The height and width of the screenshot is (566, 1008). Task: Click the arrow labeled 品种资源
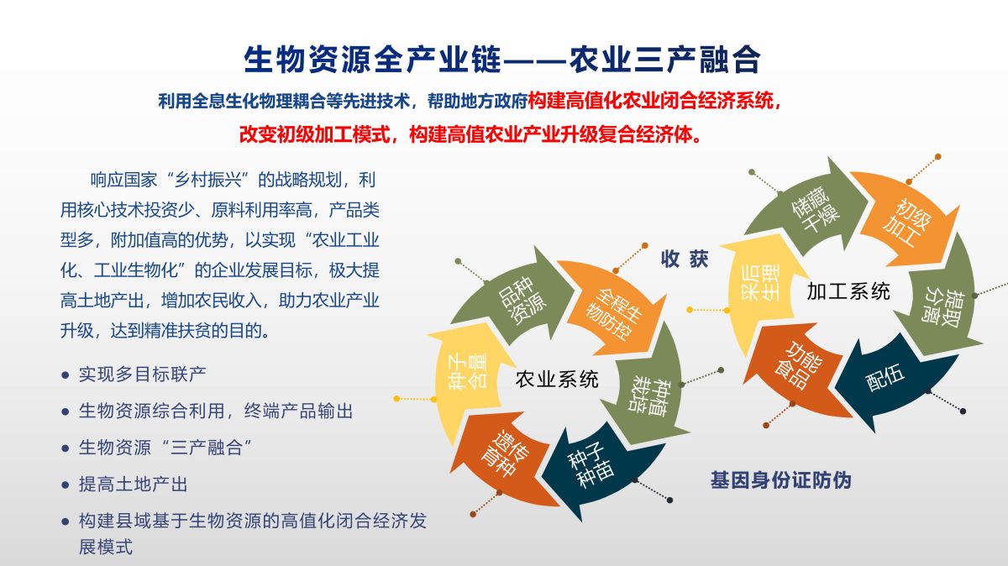tap(517, 299)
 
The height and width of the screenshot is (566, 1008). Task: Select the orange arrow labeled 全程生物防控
tap(614, 312)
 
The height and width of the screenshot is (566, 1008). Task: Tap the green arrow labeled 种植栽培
tap(648, 391)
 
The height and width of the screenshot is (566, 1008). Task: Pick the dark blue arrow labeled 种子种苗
tap(594, 468)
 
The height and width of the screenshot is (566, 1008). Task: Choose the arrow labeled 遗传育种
tap(504, 454)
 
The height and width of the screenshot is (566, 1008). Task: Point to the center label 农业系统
tap(557, 380)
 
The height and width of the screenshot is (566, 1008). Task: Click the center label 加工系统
tap(848, 291)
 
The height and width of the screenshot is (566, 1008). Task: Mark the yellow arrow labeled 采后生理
tap(759, 288)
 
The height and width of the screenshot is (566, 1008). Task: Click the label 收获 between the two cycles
tap(685, 259)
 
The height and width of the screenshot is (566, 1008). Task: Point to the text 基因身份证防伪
tap(780, 480)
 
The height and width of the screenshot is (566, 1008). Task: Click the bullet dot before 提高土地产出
tap(66, 485)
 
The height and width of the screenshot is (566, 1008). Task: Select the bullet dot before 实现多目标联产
tap(66, 375)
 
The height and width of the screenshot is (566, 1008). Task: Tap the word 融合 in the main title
tap(730, 60)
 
